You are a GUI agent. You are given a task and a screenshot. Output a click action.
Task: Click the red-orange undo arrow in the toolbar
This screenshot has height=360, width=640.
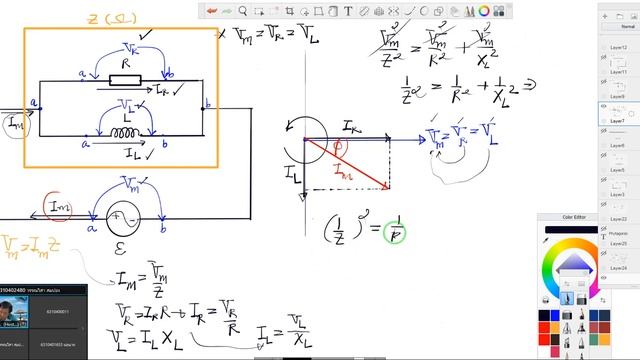[x=213, y=10]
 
